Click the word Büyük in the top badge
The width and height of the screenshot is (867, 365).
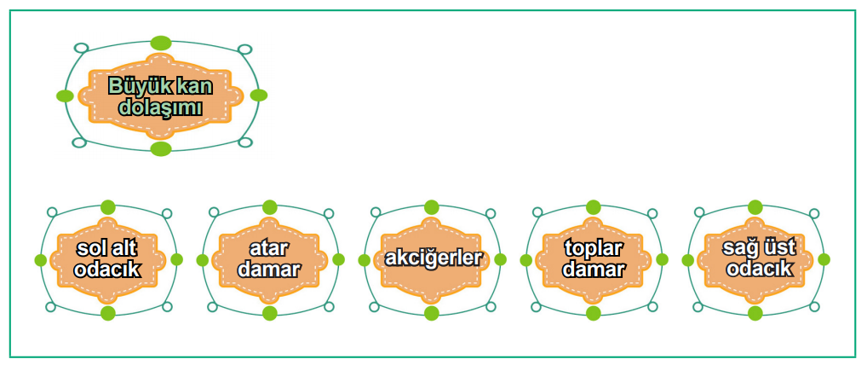coord(133,86)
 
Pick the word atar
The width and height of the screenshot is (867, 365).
coord(269,249)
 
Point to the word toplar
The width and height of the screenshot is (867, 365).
coord(594,249)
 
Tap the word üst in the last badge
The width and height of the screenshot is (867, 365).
coord(778,247)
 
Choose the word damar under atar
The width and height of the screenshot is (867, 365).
coord(269,269)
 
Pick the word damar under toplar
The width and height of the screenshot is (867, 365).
coord(594,269)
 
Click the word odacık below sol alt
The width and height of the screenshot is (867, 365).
coord(108,269)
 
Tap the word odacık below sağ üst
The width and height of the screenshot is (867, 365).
coord(758,269)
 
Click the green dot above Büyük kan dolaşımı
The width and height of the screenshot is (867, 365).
coord(161,43)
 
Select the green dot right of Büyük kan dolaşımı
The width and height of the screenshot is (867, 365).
coord(259,96)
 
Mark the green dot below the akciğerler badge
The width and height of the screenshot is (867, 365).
coord(431,313)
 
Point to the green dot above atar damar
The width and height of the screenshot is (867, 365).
coord(269,207)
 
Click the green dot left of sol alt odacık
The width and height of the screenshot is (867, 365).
coord(40,260)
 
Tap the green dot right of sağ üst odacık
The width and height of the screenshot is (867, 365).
coord(824,259)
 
